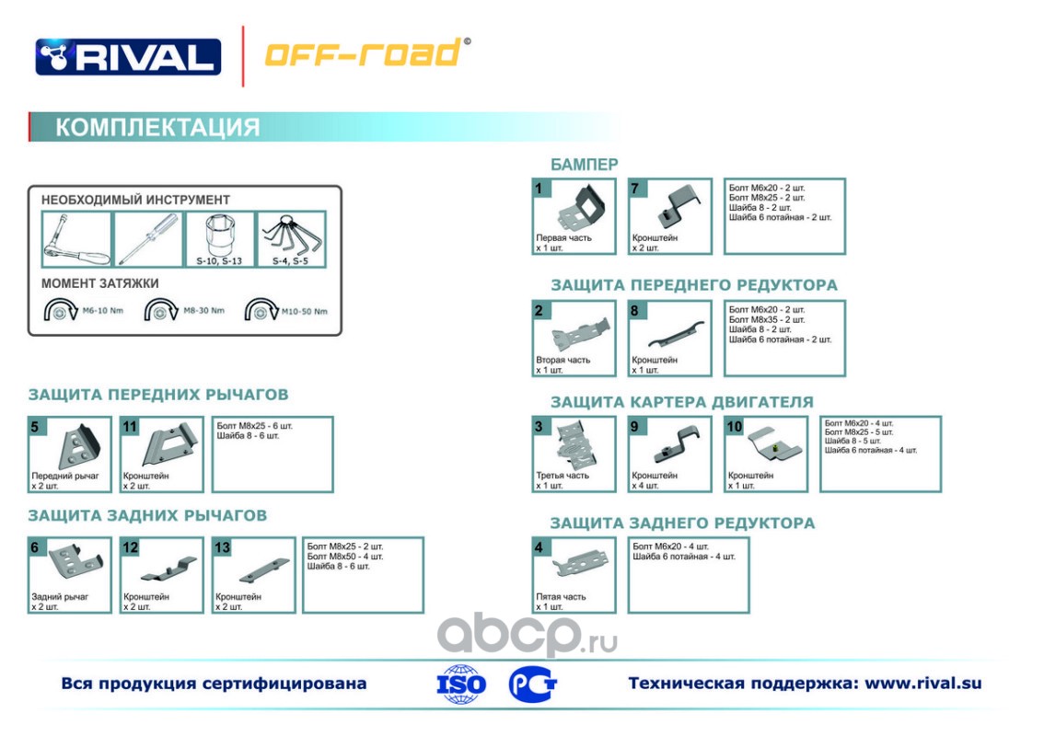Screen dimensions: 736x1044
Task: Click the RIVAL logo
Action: point(128,57)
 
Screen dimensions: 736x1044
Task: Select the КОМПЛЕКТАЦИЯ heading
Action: point(157,127)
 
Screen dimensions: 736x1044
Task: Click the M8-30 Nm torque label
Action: point(203,311)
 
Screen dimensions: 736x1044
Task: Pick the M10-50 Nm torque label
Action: point(304,311)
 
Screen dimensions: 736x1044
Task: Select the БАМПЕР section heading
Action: point(585,165)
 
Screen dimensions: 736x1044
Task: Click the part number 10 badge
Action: point(734,426)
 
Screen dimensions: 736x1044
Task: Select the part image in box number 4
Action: point(580,563)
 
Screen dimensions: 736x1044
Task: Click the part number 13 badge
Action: point(222,547)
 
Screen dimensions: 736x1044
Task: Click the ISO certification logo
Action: point(461,684)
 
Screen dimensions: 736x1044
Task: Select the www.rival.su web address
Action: point(923,684)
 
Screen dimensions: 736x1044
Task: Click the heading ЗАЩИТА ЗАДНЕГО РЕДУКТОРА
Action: point(682,523)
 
